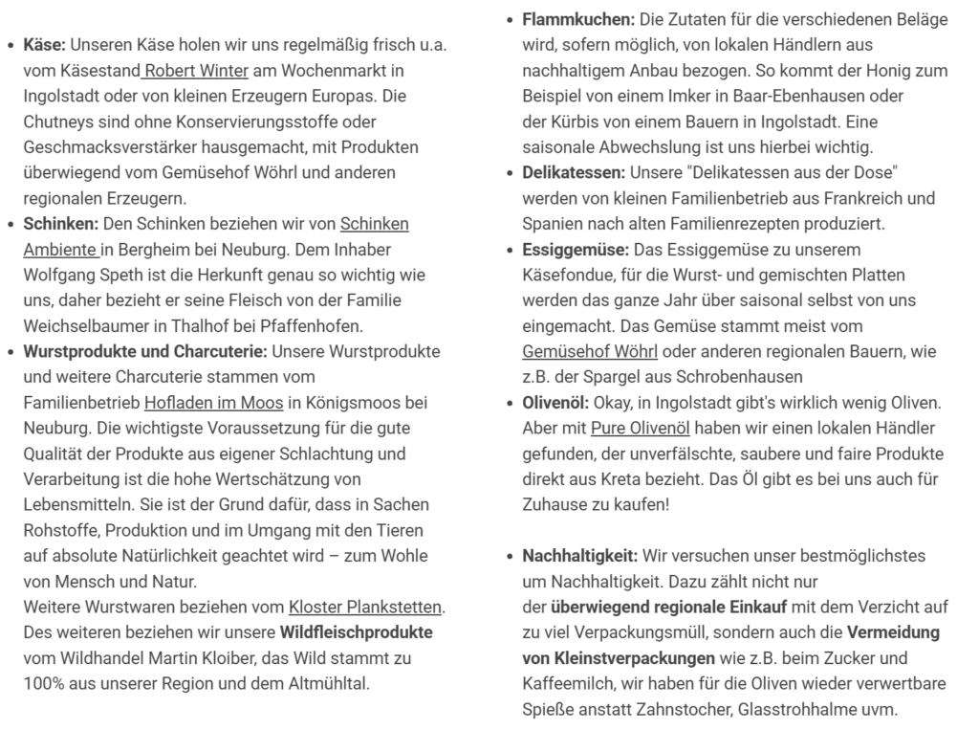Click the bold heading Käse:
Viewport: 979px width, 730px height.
click(x=44, y=45)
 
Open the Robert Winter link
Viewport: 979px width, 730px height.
click(x=197, y=71)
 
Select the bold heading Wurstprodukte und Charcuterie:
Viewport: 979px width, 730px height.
click(x=145, y=351)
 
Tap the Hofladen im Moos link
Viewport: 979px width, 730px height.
click(x=214, y=403)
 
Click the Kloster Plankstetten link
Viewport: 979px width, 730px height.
click(x=366, y=607)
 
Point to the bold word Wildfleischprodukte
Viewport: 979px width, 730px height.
click(x=356, y=632)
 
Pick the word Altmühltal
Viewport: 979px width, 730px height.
click(x=324, y=683)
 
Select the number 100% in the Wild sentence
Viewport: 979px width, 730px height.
click(x=43, y=683)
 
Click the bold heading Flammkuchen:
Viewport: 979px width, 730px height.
click(x=578, y=19)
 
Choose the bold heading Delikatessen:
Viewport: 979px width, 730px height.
click(x=574, y=172)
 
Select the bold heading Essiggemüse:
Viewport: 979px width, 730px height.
click(x=576, y=250)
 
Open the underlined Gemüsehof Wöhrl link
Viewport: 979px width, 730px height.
click(x=590, y=351)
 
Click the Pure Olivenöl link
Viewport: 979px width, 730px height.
click(x=641, y=428)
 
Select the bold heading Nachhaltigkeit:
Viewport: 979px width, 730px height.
click(x=579, y=556)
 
